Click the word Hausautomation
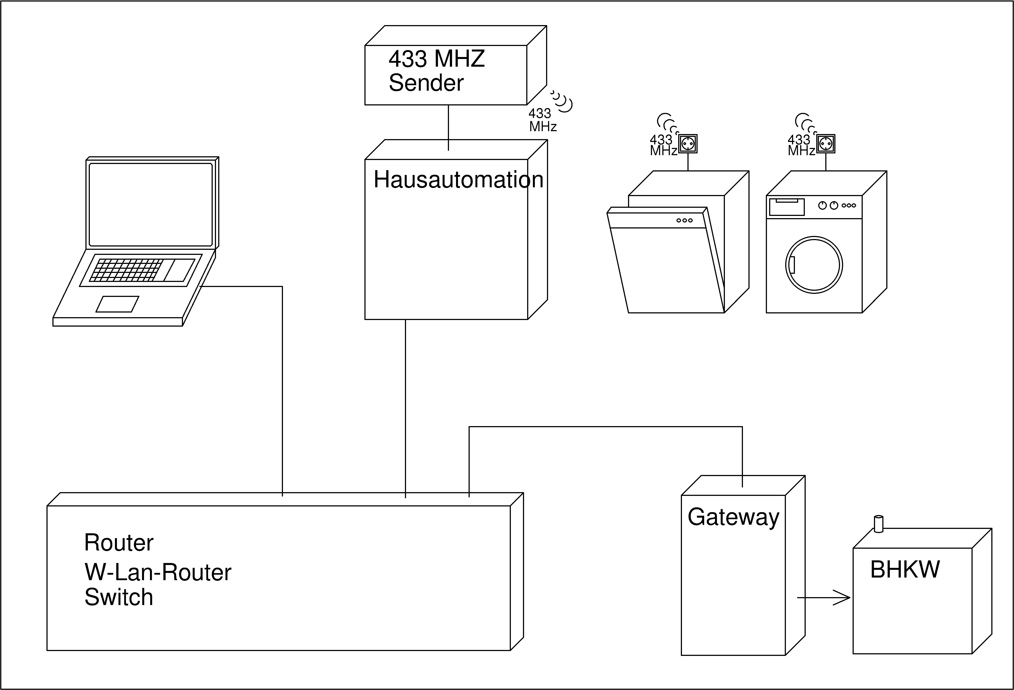pyautogui.click(x=458, y=180)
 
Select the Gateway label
pyautogui.click(x=733, y=517)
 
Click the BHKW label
pyautogui.click(x=905, y=569)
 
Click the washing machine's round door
pyautogui.click(x=814, y=265)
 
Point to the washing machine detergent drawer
pyautogui.click(x=787, y=207)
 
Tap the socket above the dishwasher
pyautogui.click(x=688, y=144)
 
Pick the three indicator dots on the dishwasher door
pyautogui.click(x=685, y=220)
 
